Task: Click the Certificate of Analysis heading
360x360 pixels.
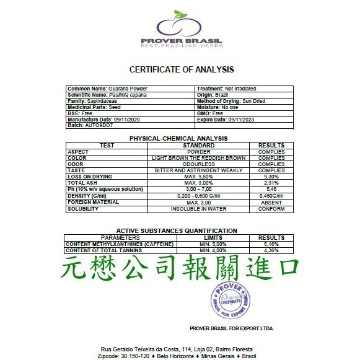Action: pos(181,69)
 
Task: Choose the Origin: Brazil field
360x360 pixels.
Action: pos(217,94)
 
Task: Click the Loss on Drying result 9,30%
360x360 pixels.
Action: pos(271,177)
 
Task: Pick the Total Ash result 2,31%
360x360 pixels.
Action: pos(271,183)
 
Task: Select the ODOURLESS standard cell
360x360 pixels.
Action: pos(198,164)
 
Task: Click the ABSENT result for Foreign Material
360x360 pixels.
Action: pos(271,202)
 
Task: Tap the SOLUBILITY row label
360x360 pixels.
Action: pos(83,209)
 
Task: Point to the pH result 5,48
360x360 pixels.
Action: pos(271,190)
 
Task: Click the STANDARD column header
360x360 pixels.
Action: pos(198,145)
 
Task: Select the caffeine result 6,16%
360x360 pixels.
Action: pos(271,245)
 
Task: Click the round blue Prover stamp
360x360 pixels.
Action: pos(232,301)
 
